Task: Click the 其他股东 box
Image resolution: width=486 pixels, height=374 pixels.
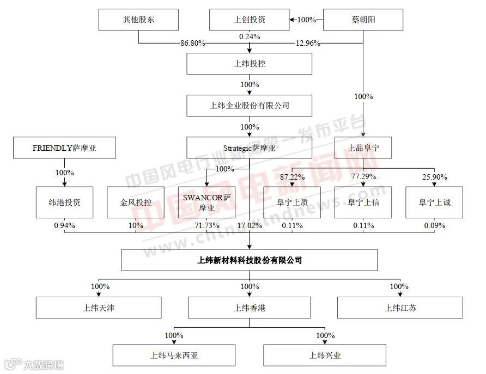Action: click(x=138, y=20)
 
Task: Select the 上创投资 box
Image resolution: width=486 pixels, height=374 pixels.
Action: click(x=249, y=20)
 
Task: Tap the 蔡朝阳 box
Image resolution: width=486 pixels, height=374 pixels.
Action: click(x=363, y=20)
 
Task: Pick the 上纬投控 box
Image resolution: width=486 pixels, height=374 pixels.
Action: click(x=249, y=64)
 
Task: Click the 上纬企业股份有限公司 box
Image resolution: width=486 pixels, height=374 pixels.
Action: click(x=249, y=106)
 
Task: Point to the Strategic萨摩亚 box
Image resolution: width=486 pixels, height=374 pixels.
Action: click(x=249, y=148)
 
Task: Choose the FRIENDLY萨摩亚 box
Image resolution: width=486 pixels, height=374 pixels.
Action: click(x=64, y=148)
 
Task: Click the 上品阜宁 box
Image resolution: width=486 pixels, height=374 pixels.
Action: click(x=363, y=148)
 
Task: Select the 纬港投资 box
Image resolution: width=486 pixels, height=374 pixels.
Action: click(x=64, y=203)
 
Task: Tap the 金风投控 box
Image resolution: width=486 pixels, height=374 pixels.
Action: click(x=136, y=203)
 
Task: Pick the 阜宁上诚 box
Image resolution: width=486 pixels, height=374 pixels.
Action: click(x=435, y=203)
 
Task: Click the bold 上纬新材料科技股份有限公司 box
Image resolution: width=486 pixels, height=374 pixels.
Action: click(x=249, y=260)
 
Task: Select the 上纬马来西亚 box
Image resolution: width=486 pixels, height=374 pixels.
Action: click(x=174, y=355)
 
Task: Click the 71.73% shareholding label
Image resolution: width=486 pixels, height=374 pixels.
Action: click(x=207, y=225)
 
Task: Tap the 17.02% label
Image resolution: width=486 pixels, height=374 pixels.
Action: click(x=250, y=225)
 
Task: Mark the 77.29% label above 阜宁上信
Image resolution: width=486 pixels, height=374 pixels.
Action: click(x=363, y=177)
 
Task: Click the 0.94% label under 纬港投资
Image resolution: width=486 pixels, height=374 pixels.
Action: click(x=64, y=225)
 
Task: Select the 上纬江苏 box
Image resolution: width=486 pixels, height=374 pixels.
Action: click(x=400, y=308)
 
